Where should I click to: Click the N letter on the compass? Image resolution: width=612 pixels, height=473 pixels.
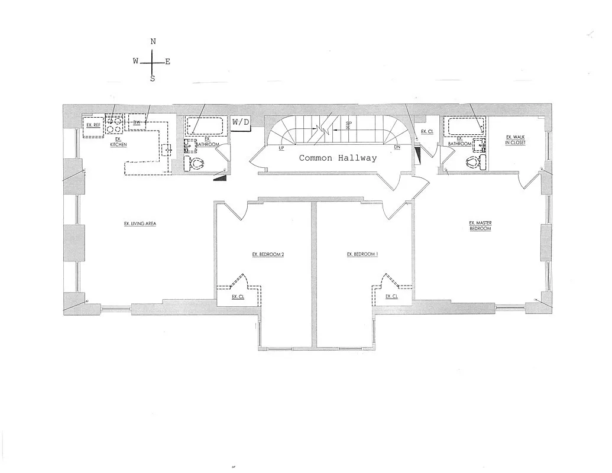click(x=153, y=41)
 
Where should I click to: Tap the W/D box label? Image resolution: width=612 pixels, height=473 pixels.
click(x=241, y=122)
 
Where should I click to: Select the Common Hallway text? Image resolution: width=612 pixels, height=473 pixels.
click(x=338, y=158)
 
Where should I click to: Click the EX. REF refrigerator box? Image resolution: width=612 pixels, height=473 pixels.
click(x=93, y=126)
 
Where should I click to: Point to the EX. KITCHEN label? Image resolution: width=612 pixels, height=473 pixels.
click(x=118, y=142)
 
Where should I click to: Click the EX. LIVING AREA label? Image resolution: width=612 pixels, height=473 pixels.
click(x=140, y=223)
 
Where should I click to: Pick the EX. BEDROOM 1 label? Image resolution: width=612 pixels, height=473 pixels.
click(x=362, y=255)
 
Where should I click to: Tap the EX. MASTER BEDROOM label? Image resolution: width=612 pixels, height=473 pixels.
click(x=480, y=226)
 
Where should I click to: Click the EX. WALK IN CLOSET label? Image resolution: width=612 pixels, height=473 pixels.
click(x=515, y=140)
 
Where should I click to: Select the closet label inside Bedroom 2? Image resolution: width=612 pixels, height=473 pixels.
click(x=238, y=297)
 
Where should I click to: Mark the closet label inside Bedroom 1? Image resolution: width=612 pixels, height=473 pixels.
click(x=391, y=297)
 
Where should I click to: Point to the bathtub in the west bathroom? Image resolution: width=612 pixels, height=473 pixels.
click(x=205, y=126)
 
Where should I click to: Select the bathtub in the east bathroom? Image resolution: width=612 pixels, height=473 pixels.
click(x=465, y=126)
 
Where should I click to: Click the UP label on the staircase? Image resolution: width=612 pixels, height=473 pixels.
click(x=281, y=148)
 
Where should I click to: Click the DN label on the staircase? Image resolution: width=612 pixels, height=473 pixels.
click(x=397, y=148)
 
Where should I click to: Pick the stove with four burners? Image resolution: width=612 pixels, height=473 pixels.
click(x=114, y=124)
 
